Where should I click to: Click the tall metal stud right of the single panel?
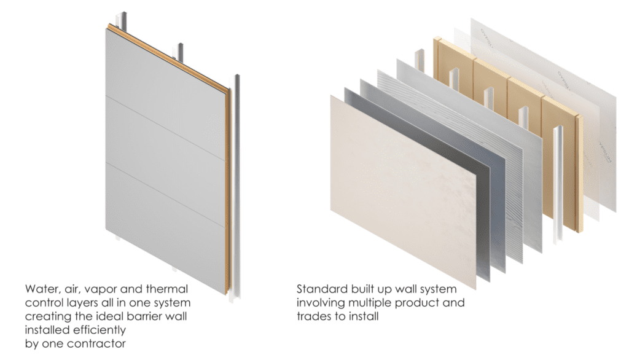point(236,189)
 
